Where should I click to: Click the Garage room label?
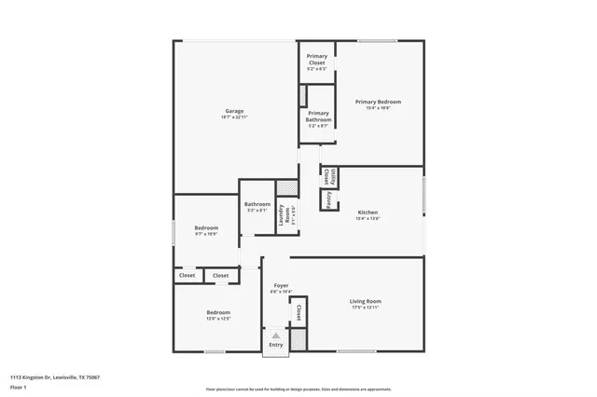[234, 111]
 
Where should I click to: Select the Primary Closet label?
[317, 60]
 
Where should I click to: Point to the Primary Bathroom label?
[318, 116]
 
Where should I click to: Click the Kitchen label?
[368, 212]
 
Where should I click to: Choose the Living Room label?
[365, 301]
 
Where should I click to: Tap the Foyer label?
[280, 286]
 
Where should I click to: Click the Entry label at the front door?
[275, 345]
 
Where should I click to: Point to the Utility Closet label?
[325, 175]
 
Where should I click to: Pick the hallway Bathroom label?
[257, 204]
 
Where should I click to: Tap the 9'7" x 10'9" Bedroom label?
[206, 227]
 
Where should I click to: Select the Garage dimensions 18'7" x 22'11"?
[234, 117]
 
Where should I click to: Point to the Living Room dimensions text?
[365, 308]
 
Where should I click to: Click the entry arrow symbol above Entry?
[275, 335]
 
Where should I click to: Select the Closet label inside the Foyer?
[298, 311]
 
